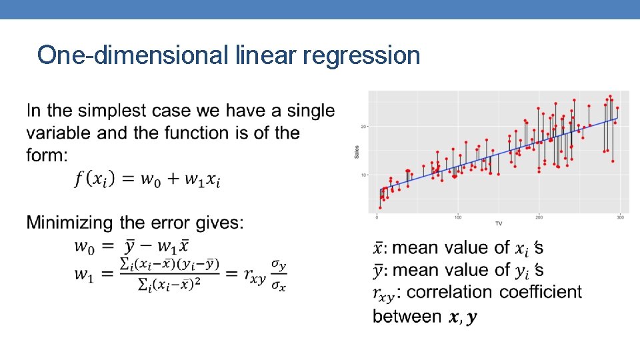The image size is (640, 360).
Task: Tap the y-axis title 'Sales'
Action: [x=357, y=154]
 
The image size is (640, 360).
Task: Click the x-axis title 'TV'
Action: [x=499, y=223]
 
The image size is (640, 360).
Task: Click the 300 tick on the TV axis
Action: [x=620, y=217]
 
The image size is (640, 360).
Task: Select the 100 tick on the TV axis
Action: [x=459, y=217]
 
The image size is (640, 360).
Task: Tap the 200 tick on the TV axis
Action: [x=539, y=217]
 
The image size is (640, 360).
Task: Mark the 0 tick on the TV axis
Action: [x=378, y=217]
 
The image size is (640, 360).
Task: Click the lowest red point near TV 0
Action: [x=380, y=207]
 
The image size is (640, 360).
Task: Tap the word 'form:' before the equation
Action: [x=47, y=155]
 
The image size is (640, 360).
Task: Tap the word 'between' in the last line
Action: [x=407, y=316]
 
